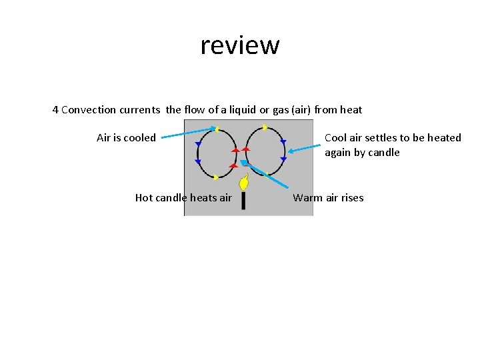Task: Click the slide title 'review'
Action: click(x=239, y=45)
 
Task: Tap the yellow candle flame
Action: click(x=244, y=182)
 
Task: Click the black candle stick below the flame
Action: click(x=243, y=200)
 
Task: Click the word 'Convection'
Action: click(x=87, y=109)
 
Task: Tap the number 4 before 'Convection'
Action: click(x=55, y=109)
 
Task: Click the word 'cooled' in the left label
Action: click(x=139, y=138)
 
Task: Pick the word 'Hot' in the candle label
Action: click(x=144, y=197)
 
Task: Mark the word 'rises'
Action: click(x=351, y=197)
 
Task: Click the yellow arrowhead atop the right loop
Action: click(x=265, y=127)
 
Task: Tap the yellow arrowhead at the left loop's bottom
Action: click(x=215, y=177)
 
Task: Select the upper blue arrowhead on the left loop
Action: click(x=198, y=144)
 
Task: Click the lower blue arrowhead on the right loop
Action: click(x=283, y=159)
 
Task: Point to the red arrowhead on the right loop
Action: click(x=245, y=150)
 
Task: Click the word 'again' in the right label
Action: click(x=338, y=153)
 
